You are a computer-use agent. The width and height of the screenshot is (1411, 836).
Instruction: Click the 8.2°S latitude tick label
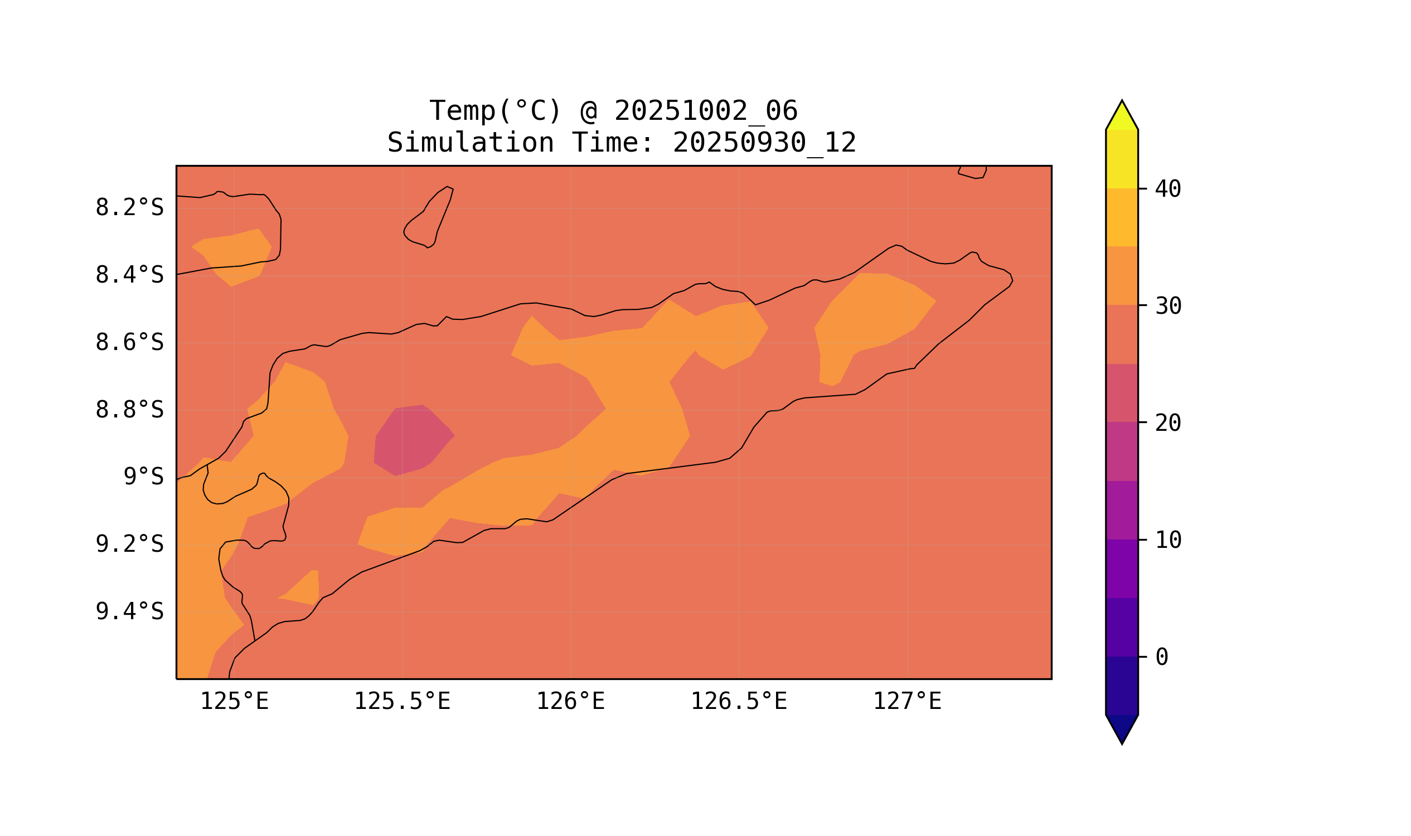129,208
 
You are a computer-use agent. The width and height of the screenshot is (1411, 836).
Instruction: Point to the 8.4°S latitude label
129,275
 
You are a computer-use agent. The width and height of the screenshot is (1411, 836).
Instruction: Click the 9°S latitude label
143,477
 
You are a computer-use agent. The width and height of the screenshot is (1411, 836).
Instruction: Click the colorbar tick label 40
1167,189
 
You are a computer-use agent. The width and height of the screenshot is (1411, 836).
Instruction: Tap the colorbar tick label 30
1167,307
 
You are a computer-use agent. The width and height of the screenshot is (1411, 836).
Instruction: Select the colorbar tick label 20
1167,424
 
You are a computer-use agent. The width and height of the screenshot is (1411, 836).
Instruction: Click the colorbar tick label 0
1161,658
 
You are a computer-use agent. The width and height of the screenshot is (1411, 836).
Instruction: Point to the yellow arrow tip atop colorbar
1121,115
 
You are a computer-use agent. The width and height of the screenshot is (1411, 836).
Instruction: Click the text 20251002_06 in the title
706,111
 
